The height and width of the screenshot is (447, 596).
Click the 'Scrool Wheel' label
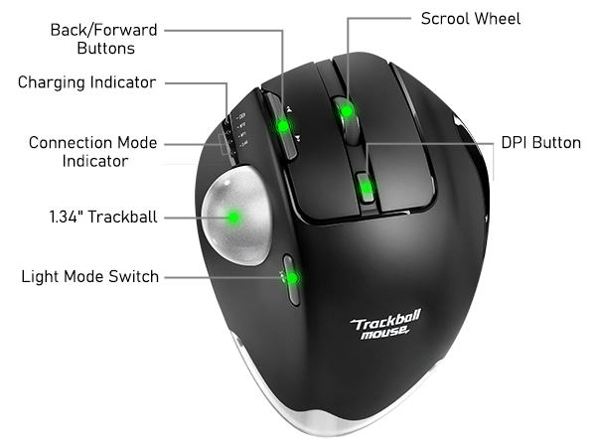pyautogui.click(x=471, y=19)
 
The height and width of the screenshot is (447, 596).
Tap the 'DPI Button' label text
pyautogui.click(x=541, y=142)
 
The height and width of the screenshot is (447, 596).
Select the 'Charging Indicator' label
pyautogui.click(x=87, y=82)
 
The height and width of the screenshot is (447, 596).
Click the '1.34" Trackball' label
pyautogui.click(x=103, y=217)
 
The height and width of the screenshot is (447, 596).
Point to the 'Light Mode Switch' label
pyautogui.click(x=90, y=276)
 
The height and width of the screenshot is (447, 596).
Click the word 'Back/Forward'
pyautogui.click(x=103, y=30)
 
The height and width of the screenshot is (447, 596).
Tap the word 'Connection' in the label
pyautogui.click(x=72, y=142)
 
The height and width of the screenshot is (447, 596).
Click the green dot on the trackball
pyautogui.click(x=233, y=218)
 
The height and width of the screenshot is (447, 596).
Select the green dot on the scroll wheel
pyautogui.click(x=347, y=111)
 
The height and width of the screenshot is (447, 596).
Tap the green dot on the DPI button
pyautogui.click(x=367, y=188)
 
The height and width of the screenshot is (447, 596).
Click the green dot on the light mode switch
pyautogui.click(x=292, y=278)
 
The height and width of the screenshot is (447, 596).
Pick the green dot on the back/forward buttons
pyautogui.click(x=283, y=126)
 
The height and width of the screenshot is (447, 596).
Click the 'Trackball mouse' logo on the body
pyautogui.click(x=385, y=325)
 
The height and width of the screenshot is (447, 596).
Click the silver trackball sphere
pyautogui.click(x=236, y=216)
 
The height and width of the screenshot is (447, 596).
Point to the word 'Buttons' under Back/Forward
pyautogui.click(x=105, y=49)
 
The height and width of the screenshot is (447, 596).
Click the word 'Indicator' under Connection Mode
pyautogui.click(x=95, y=161)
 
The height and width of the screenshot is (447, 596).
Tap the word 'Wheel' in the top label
pyautogui.click(x=498, y=19)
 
